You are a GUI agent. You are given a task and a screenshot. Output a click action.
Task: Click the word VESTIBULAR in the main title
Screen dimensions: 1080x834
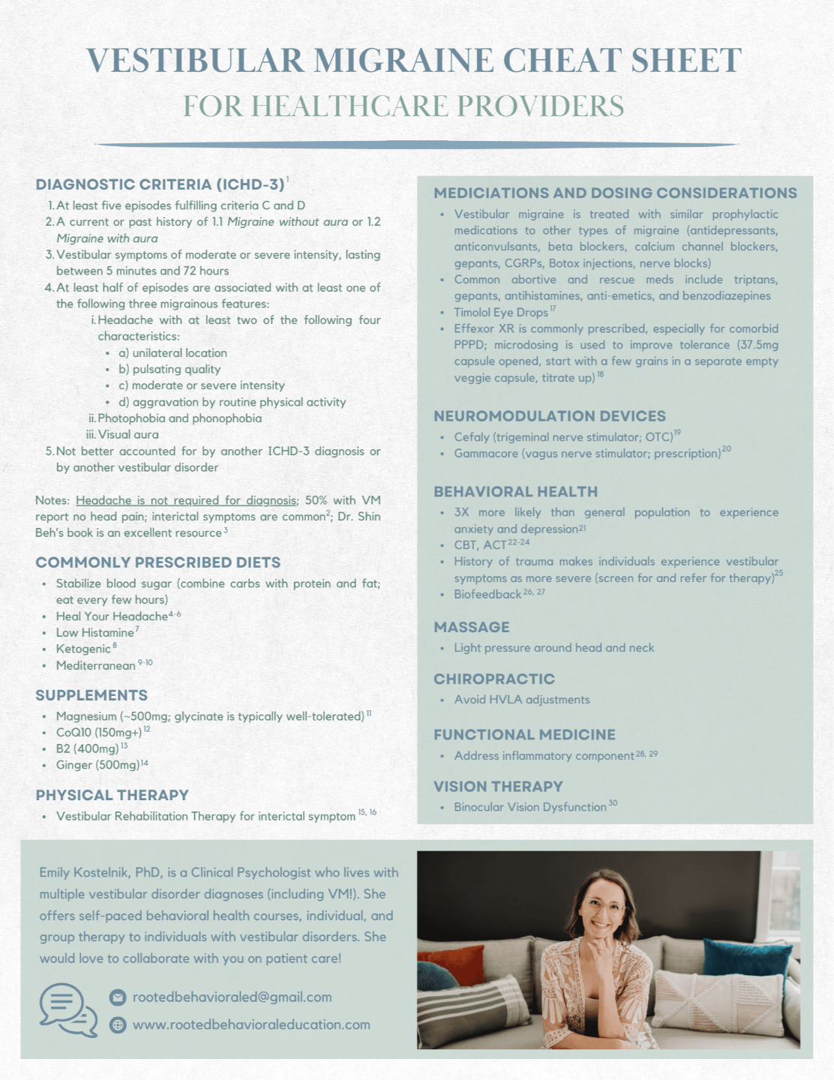(194, 61)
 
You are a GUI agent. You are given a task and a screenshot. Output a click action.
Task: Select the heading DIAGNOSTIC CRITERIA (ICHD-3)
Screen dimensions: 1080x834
(160, 184)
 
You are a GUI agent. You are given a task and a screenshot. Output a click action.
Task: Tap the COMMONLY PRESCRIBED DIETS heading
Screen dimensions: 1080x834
(157, 562)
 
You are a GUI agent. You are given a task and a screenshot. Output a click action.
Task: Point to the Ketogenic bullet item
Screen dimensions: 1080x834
(83, 649)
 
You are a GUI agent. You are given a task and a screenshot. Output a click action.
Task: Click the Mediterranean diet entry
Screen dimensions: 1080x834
(95, 665)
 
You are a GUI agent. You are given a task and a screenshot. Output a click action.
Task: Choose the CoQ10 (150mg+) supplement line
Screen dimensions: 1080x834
(98, 732)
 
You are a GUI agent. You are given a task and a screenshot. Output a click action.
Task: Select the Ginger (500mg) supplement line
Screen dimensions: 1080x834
(97, 765)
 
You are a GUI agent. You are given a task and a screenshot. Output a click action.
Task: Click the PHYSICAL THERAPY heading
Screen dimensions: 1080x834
(112, 795)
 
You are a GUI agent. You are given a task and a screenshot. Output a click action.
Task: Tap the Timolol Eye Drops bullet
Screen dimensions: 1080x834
(500, 312)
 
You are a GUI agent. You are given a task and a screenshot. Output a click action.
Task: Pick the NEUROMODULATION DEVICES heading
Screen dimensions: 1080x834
(549, 416)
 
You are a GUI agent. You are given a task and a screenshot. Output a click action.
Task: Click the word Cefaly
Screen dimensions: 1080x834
(472, 437)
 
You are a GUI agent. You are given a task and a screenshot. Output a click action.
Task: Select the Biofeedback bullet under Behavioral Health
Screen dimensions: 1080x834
(487, 594)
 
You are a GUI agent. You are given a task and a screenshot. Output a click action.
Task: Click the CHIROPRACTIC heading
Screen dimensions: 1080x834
(493, 679)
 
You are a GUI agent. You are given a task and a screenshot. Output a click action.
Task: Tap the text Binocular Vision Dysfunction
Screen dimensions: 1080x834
(529, 807)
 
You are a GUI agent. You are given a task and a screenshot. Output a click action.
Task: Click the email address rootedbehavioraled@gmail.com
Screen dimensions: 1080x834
(232, 997)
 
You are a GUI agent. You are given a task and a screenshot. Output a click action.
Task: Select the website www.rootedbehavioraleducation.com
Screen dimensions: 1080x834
(251, 1024)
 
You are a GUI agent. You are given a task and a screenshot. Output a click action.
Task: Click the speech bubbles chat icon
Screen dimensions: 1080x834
(68, 1009)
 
